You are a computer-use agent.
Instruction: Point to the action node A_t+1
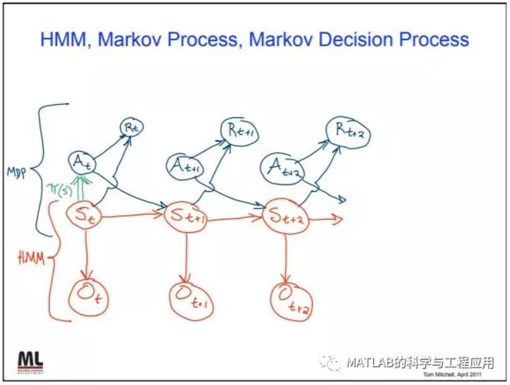tap(185, 165)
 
